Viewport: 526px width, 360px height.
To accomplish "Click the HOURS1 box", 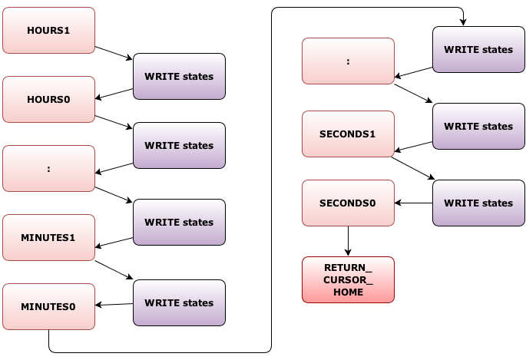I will tap(48, 31).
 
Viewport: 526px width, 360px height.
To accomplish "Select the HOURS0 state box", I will tap(48, 100).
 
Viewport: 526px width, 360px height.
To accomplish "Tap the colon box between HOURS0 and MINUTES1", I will tap(48, 169).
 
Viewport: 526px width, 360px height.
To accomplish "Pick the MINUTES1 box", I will tap(48, 238).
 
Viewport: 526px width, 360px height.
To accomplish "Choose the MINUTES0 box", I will tap(48, 307).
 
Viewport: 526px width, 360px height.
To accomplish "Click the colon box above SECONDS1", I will tap(348, 61).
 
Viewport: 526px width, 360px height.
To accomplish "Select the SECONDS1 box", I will tap(348, 134).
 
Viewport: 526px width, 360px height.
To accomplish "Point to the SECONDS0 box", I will tap(348, 203).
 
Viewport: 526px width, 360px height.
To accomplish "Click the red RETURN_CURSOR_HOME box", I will tap(348, 280).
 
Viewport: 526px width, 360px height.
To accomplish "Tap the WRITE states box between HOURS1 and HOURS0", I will tap(179, 77).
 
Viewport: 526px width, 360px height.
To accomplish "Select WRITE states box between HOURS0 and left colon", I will tap(179, 146).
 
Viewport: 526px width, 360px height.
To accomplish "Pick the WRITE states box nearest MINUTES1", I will tap(179, 223).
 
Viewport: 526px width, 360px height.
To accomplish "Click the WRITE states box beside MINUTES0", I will tap(179, 303).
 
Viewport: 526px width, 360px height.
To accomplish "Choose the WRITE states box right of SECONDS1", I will tap(478, 127).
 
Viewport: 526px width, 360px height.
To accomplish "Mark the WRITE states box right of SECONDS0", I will tap(478, 203).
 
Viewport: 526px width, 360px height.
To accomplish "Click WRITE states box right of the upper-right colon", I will tap(478, 50).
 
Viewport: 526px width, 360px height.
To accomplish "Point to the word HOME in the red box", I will tap(348, 292).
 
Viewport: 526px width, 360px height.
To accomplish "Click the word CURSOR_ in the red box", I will tap(348, 280).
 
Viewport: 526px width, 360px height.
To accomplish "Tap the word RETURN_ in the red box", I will tap(348, 268).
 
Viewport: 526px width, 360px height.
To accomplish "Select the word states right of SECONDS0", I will tap(497, 203).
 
